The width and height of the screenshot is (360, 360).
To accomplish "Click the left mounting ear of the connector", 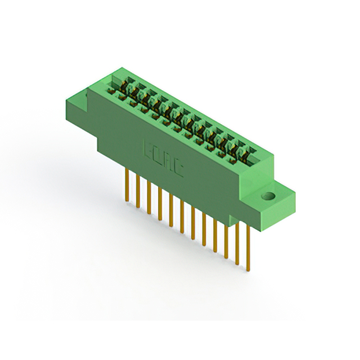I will click(84, 101).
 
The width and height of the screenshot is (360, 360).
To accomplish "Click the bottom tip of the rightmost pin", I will click(248, 269).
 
